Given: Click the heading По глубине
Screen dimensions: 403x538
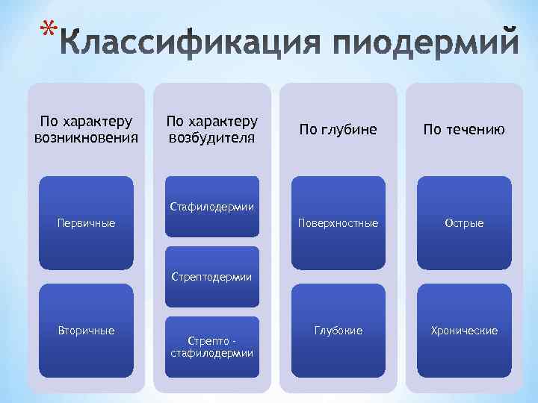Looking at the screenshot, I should point(338,130).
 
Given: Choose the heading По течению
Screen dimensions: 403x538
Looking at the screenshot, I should point(464,130).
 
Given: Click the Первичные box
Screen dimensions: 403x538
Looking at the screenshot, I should point(86,222).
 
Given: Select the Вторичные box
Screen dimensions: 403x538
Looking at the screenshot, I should point(86,330).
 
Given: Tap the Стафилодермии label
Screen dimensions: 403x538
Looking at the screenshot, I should point(212,206).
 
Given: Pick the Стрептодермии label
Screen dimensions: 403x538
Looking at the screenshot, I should point(212,277).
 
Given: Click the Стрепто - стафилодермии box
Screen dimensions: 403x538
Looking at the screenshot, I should point(212,346).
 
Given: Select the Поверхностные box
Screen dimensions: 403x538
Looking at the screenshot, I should point(338,222).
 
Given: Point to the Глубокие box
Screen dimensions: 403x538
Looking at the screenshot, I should point(338,330).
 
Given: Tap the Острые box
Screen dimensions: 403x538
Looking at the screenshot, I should point(464,222).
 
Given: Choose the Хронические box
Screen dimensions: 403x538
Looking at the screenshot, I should point(464,330).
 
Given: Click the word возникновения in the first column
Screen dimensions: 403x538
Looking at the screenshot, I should point(86,138).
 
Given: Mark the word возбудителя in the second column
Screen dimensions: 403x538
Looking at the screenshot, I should point(212,138).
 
